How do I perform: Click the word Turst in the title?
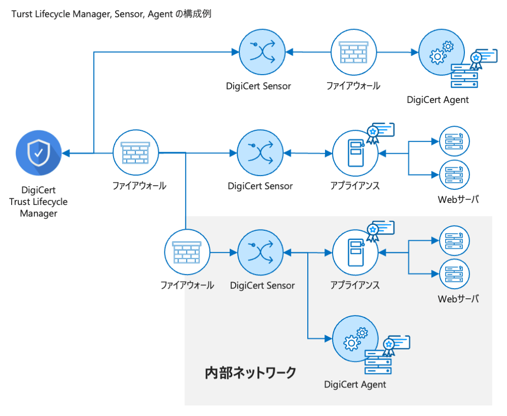22,14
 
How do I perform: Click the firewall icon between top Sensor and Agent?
354,52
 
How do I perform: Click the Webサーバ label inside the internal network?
458,299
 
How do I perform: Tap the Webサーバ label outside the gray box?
458,199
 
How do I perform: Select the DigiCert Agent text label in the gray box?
355,385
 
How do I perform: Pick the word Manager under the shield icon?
39,214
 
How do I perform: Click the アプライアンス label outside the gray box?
355,186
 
